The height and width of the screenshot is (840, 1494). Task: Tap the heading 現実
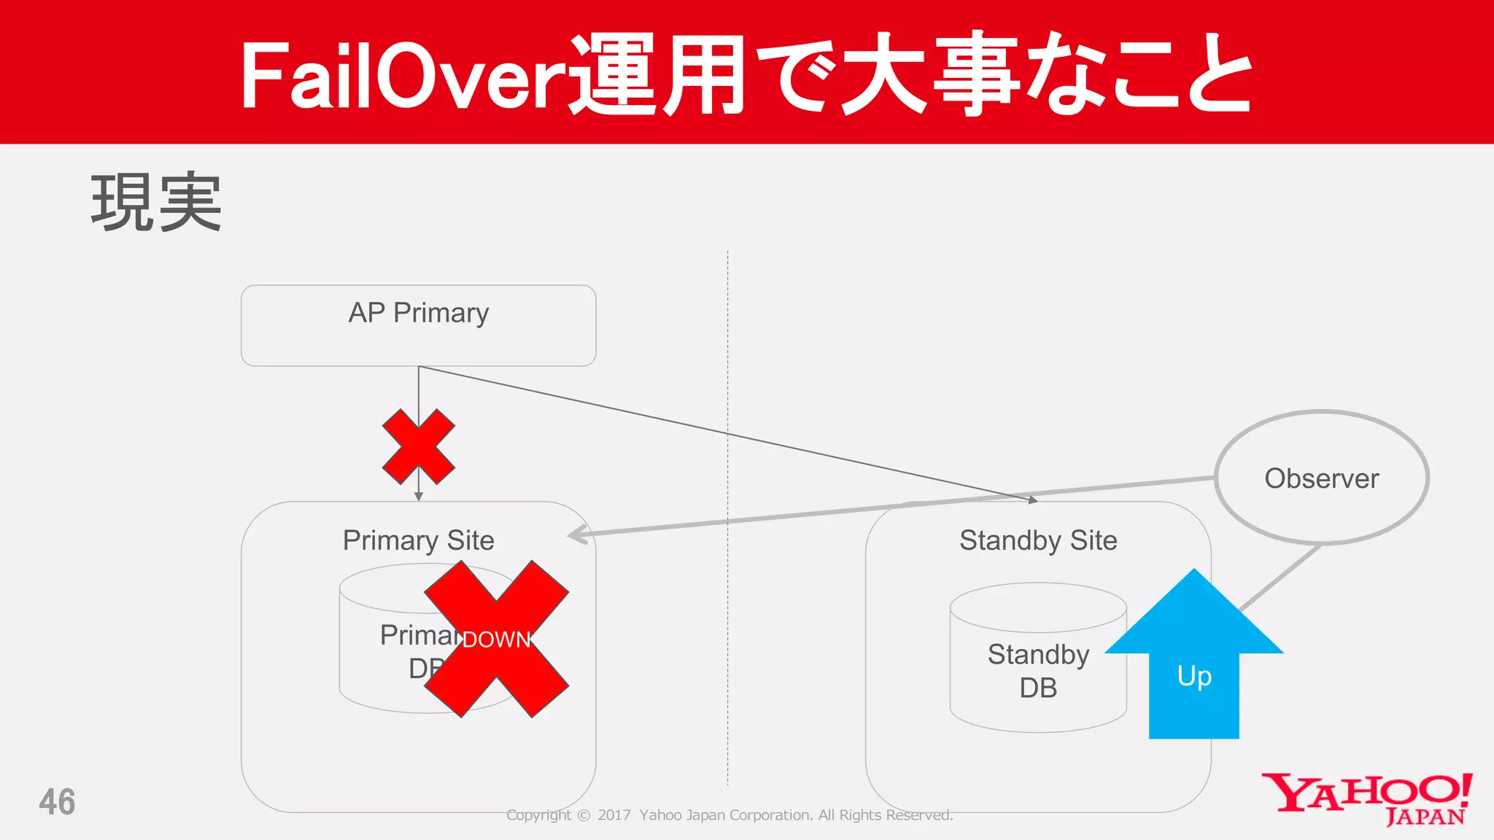point(155,203)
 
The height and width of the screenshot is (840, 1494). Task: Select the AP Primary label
point(418,313)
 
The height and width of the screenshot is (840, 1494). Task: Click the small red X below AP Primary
point(419,447)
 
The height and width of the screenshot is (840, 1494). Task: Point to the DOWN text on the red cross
point(496,639)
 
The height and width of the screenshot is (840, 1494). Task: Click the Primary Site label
point(418,540)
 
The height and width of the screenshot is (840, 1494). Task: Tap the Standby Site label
point(1037,540)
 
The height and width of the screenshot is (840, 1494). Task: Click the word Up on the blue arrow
point(1194,677)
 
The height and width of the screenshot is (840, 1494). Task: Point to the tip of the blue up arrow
point(1194,572)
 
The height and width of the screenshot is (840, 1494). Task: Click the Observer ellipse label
point(1321,478)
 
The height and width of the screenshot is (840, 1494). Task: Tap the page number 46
point(57,802)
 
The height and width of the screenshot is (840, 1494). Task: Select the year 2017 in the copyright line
point(614,815)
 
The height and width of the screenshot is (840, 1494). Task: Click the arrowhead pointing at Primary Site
point(576,535)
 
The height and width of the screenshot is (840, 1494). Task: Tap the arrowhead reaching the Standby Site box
point(1032,500)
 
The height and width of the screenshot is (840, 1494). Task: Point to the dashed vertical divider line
point(727,620)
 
